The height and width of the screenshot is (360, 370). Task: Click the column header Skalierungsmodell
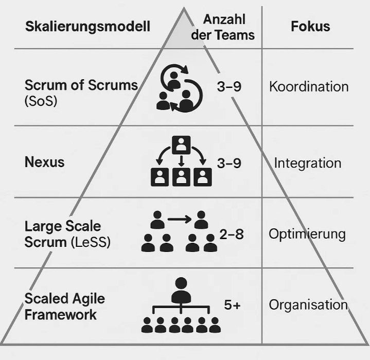coord(87,26)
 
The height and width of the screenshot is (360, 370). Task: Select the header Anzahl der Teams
coord(223,27)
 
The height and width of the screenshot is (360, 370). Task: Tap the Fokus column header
coord(310,26)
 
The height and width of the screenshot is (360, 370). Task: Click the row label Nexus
coord(44,162)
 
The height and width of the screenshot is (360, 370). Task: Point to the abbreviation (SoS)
coord(41,101)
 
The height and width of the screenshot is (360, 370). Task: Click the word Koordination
coord(309,86)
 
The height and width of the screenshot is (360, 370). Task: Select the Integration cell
coord(308,163)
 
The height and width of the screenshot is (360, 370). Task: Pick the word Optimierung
coord(307,234)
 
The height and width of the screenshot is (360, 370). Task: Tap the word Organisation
coord(308,304)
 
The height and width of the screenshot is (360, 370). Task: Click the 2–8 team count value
coord(231,235)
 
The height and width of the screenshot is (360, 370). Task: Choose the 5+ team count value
coord(232,304)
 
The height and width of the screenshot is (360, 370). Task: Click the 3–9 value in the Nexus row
coord(229,163)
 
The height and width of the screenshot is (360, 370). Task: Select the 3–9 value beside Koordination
coord(229,86)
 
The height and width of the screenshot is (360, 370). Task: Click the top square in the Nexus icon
coord(181,145)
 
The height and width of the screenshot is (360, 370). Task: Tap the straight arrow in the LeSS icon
coord(179,219)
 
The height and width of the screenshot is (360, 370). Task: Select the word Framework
coord(60,315)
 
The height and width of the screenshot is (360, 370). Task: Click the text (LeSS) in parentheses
coord(91,242)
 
